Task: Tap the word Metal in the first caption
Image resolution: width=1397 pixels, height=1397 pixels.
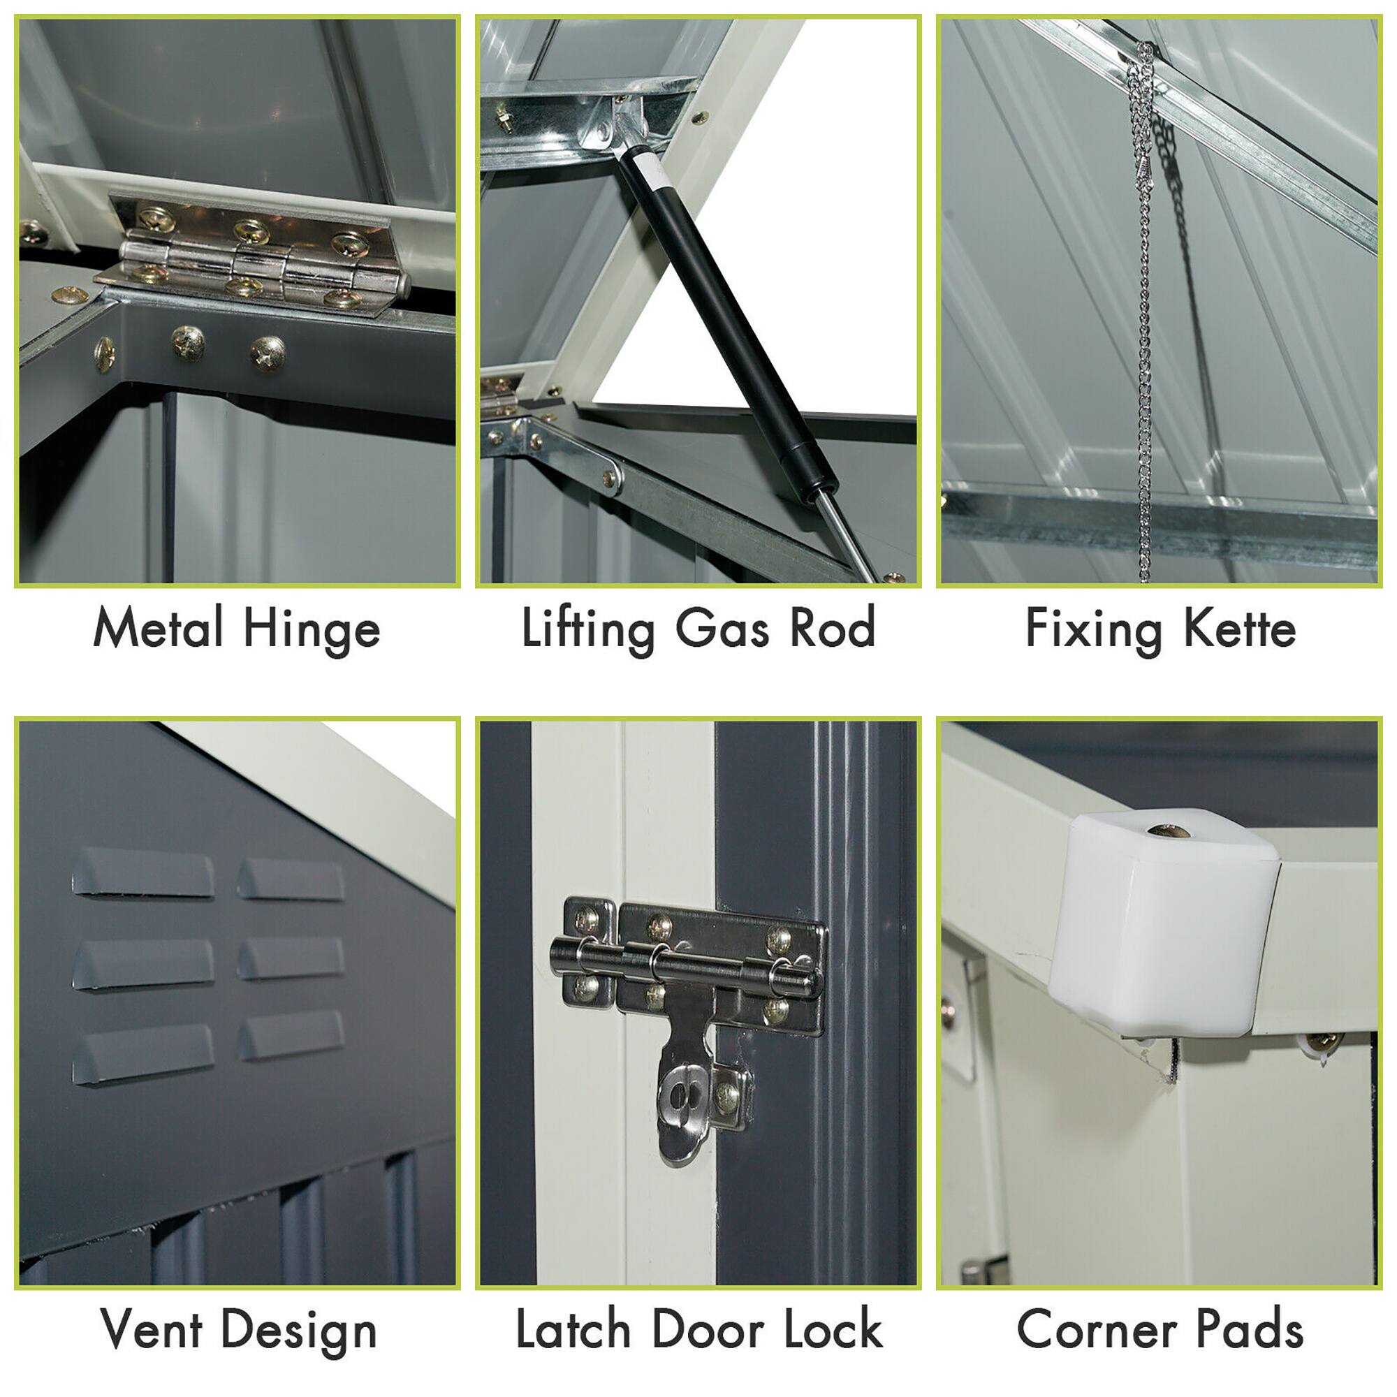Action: tap(158, 628)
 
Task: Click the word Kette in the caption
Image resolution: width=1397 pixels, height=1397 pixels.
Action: tap(1239, 628)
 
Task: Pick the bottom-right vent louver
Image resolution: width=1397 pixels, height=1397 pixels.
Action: tap(291, 1035)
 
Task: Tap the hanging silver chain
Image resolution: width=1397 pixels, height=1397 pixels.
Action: tap(1144, 326)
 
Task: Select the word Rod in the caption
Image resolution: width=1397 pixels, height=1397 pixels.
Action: tap(833, 628)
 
